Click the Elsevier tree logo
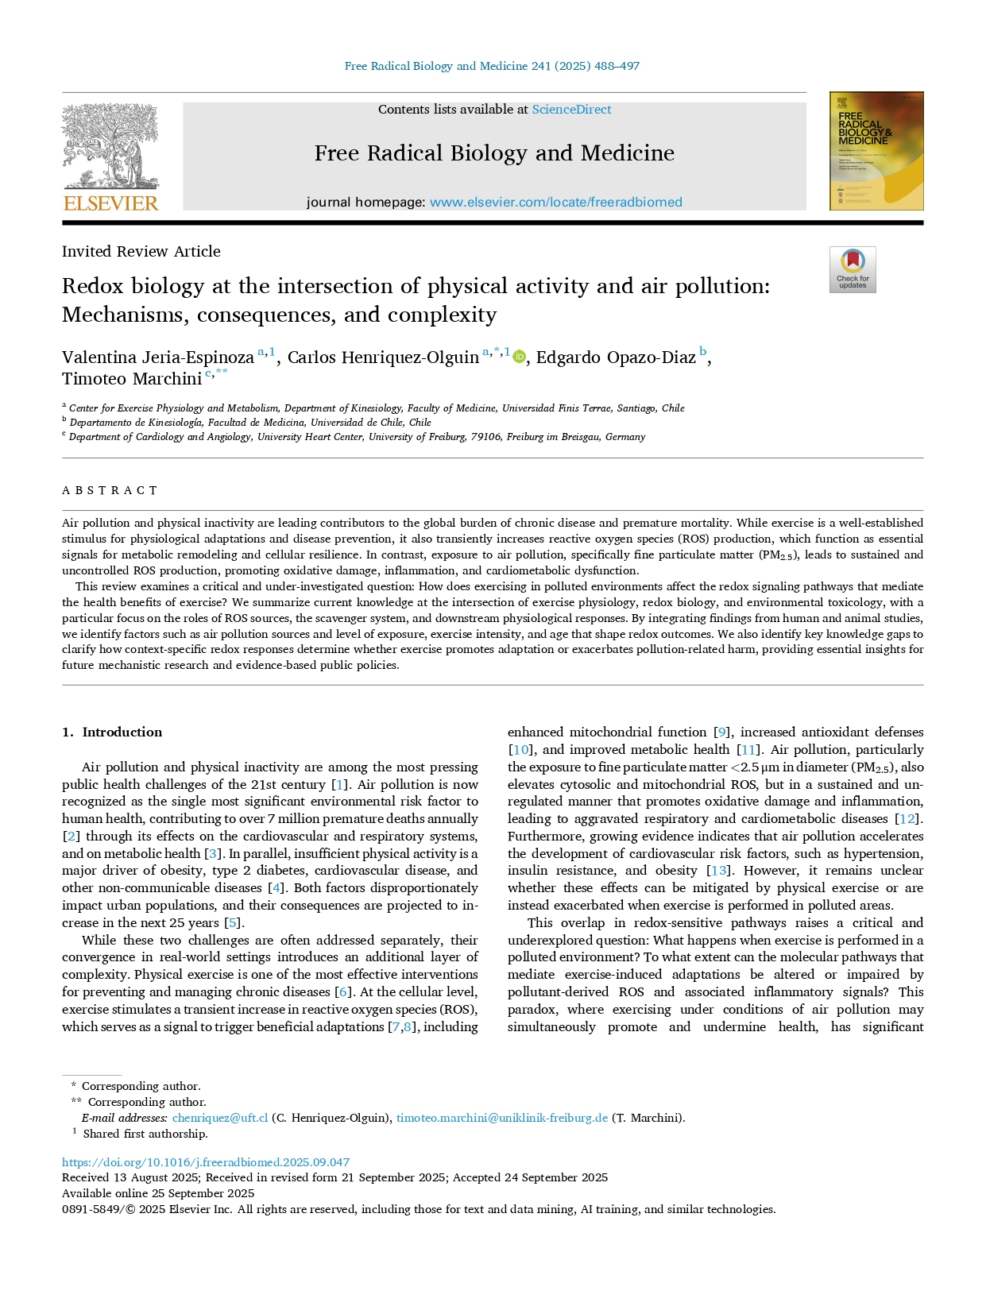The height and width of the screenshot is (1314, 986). (x=110, y=147)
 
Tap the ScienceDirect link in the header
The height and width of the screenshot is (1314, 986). (x=571, y=110)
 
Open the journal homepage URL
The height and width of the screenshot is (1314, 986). (x=555, y=203)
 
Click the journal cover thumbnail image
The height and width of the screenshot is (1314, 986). (x=876, y=151)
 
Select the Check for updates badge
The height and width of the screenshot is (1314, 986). (x=852, y=269)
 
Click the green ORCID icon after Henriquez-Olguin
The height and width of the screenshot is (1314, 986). (x=519, y=357)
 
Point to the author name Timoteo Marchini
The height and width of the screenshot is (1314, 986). (x=132, y=379)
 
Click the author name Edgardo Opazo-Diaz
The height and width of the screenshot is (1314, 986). (x=616, y=357)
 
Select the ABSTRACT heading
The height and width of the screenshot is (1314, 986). (x=110, y=490)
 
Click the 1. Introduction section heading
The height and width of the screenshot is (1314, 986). (x=112, y=732)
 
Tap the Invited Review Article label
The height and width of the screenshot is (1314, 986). (x=141, y=252)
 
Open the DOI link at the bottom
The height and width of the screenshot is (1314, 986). (x=206, y=1161)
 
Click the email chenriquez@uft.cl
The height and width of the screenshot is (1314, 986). (x=220, y=1118)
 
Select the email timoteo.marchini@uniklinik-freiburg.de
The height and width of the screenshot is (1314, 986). (x=501, y=1118)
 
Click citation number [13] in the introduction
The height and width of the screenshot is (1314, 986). (x=718, y=871)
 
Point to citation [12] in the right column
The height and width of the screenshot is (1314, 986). (x=907, y=819)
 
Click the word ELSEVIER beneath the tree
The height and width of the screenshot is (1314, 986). (x=110, y=203)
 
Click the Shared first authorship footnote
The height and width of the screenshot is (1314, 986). (x=145, y=1134)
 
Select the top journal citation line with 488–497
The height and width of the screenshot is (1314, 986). (x=492, y=66)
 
